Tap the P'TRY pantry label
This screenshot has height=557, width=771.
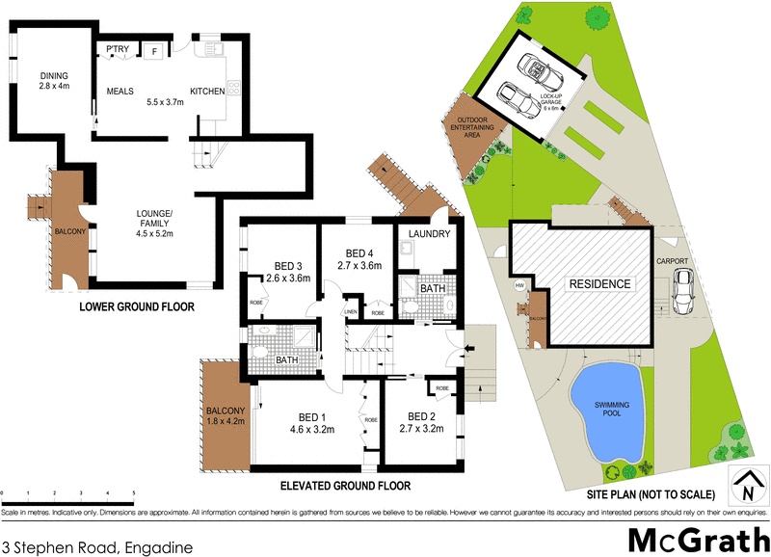(119, 50)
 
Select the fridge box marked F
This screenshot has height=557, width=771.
(153, 50)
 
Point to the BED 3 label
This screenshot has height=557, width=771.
(287, 267)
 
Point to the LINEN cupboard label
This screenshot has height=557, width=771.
(352, 311)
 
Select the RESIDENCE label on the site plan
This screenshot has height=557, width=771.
(598, 284)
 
